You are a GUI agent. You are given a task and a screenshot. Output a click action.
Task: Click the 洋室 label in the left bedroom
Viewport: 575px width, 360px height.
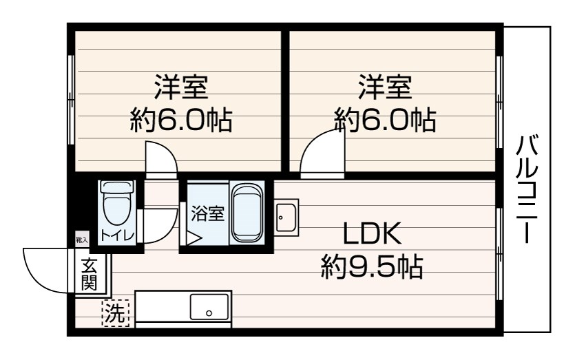pyautogui.click(x=181, y=87)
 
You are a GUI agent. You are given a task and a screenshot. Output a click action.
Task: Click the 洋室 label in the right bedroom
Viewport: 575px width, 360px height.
pyautogui.click(x=386, y=87)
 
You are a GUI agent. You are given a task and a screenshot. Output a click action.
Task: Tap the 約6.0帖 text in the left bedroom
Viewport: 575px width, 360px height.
pyautogui.click(x=181, y=120)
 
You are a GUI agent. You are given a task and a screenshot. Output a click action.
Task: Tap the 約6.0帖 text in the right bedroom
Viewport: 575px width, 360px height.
pyautogui.click(x=385, y=120)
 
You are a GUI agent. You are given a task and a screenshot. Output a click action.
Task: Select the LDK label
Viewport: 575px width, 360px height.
pyautogui.click(x=373, y=233)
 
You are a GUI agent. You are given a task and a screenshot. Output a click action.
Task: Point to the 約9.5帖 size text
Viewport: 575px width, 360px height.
pyautogui.click(x=373, y=266)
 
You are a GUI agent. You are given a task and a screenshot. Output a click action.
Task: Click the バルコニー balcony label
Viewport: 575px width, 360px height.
pyautogui.click(x=527, y=189)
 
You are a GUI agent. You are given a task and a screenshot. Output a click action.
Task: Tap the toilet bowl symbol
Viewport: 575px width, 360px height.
pyautogui.click(x=117, y=203)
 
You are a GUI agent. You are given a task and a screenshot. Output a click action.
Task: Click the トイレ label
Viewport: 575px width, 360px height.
pyautogui.click(x=117, y=235)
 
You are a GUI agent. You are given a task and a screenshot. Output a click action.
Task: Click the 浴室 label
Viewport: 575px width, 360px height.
pyautogui.click(x=207, y=213)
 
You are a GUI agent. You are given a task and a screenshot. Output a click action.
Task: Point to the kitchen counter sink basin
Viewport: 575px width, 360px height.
pyautogui.click(x=209, y=306)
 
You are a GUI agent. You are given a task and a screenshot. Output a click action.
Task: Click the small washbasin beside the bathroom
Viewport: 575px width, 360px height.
pyautogui.click(x=286, y=218)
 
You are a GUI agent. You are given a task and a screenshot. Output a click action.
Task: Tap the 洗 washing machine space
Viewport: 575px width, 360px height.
pyautogui.click(x=115, y=313)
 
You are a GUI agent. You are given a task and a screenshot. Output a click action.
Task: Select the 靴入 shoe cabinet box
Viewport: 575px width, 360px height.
pyautogui.click(x=82, y=240)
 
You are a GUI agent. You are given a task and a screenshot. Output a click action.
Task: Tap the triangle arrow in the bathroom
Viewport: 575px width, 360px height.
pyautogui.click(x=194, y=238)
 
